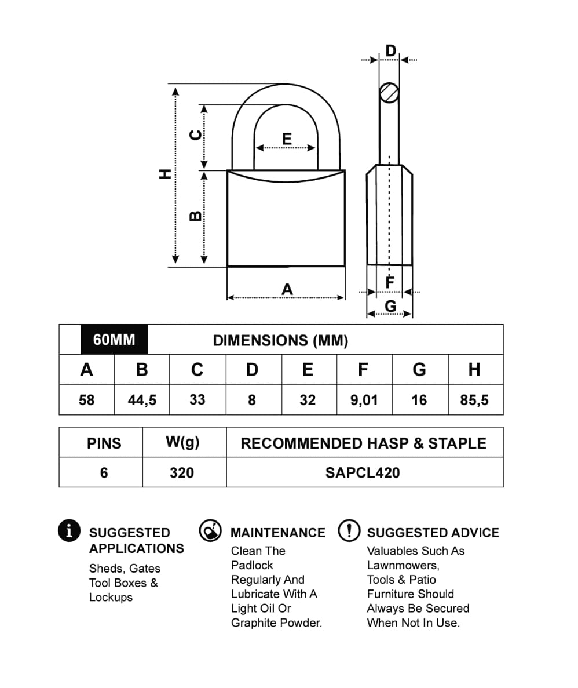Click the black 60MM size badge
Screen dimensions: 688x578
(114, 340)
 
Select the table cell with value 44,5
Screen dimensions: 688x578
(142, 400)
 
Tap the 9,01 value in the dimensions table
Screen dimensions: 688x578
(364, 400)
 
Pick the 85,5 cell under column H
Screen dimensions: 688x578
(474, 400)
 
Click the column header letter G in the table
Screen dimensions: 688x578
(419, 369)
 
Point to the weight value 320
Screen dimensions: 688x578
(182, 473)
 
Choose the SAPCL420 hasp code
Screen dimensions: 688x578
(363, 473)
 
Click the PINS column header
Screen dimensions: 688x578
(104, 443)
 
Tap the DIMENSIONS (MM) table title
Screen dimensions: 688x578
(280, 340)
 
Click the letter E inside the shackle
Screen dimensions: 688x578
(287, 139)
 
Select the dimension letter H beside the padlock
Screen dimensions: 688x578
(166, 173)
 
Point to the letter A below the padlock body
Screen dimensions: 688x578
(287, 289)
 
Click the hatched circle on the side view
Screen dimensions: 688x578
(389, 93)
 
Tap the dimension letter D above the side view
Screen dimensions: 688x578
(391, 51)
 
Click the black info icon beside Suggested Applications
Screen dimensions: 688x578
(69, 530)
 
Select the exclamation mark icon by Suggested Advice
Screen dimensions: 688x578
(349, 530)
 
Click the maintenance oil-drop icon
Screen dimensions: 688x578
(210, 530)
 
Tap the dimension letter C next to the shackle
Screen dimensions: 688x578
(196, 134)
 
